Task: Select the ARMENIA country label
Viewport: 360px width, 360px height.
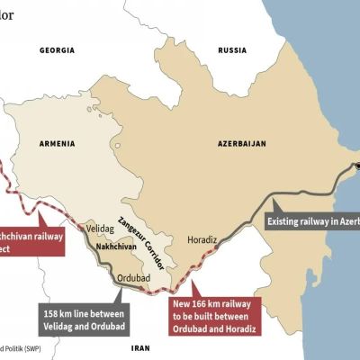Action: tap(54, 143)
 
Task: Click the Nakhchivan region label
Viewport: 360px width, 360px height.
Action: tap(111, 244)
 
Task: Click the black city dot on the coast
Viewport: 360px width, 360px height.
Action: tap(357, 166)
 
